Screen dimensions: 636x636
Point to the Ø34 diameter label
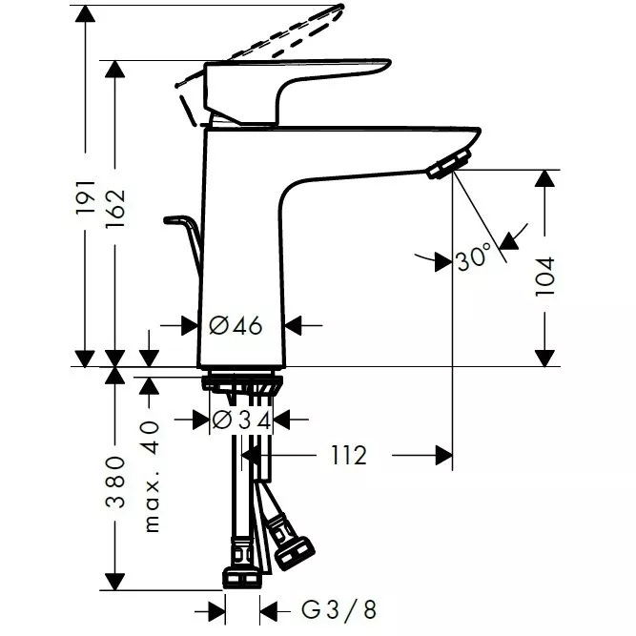[241, 420]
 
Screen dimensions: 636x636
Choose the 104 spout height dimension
[544, 275]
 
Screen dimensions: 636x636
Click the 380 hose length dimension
[115, 482]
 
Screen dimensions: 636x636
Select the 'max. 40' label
[151, 477]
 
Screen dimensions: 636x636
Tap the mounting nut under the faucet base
[242, 383]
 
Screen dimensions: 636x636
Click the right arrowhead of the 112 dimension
[443, 457]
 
